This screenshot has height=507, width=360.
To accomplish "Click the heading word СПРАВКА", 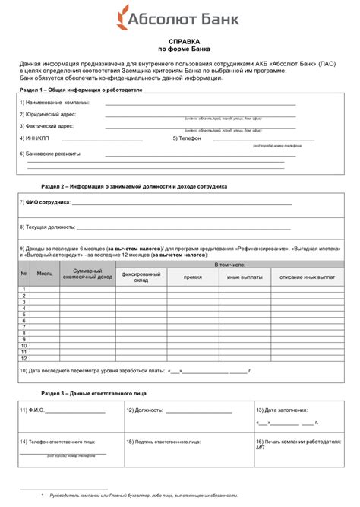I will (x=180, y=43).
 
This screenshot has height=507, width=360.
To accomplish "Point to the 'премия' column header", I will (x=192, y=277).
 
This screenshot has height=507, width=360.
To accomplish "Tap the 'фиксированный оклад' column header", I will (x=141, y=277).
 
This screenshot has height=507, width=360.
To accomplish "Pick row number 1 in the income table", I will (x=24, y=290).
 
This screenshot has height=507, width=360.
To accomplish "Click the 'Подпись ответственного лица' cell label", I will (x=164, y=441).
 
